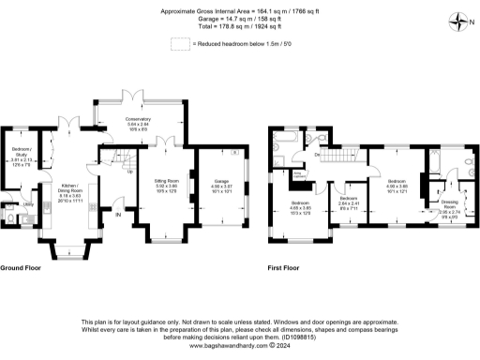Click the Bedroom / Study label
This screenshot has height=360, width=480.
pyautogui.click(x=21, y=155)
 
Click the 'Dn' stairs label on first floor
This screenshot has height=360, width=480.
pyautogui.click(x=319, y=153)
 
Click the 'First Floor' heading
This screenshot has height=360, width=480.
pyautogui.click(x=284, y=268)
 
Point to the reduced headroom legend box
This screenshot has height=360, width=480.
pyautogui.click(x=179, y=43)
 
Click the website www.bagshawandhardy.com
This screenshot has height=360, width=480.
pyautogui.click(x=239, y=344)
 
